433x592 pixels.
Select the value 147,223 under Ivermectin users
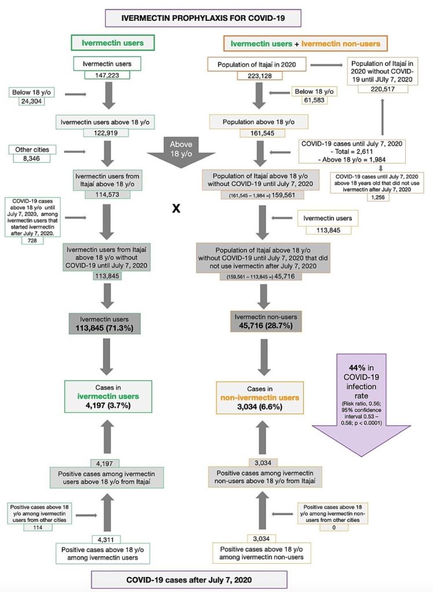coord(102,75)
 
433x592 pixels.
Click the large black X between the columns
coord(177,209)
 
